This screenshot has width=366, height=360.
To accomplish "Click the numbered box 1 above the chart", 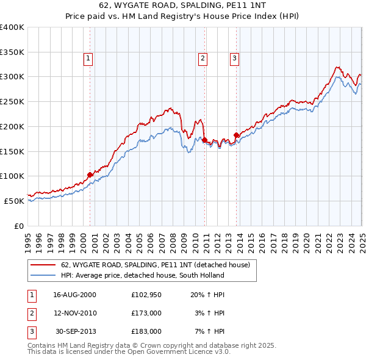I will coord(88,59).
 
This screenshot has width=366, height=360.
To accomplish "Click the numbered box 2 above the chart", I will coord(202,59).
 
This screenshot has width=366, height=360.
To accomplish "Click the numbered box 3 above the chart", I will coord(234,59).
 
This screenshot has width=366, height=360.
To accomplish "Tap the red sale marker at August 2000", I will coord(90,175).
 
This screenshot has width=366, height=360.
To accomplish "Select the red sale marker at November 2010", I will coord(204,139).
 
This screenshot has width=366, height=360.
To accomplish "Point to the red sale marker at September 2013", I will coord(236,134).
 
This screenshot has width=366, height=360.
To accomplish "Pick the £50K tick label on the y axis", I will coord(15,201).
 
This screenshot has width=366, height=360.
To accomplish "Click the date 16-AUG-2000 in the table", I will coord(75,294).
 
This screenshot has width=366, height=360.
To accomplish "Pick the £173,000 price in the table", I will coord(146,312).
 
